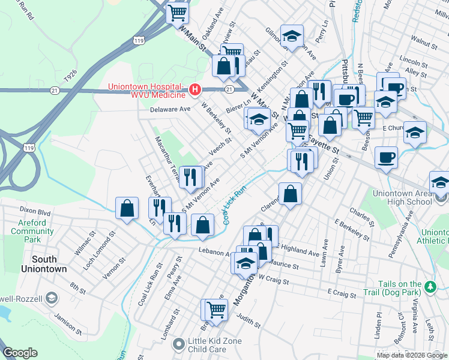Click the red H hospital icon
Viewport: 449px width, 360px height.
coord(194,91)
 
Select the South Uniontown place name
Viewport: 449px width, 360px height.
coord(40,264)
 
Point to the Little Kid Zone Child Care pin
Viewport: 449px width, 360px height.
coord(178,344)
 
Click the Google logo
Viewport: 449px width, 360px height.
coord(20,353)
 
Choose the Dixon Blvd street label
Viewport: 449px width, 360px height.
coord(35,211)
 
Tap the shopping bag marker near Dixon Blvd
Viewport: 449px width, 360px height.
coord(127,209)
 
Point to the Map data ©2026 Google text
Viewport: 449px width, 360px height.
coord(412,355)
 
